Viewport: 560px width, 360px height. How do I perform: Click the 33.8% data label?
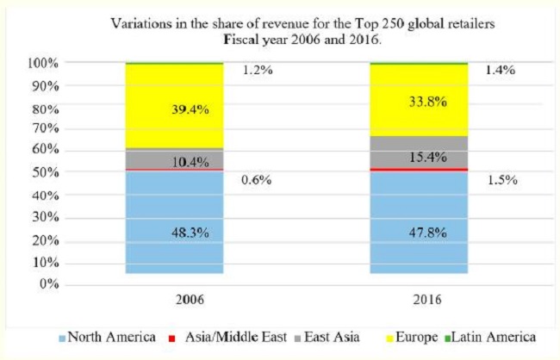tap(419, 101)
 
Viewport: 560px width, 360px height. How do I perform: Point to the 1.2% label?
tap(256, 71)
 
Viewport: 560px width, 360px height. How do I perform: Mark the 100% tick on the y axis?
tap(42, 64)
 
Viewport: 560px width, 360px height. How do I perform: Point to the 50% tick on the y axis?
tap(45, 174)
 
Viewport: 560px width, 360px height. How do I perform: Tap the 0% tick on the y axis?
tap(48, 284)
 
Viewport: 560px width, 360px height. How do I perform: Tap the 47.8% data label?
tap(419, 232)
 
